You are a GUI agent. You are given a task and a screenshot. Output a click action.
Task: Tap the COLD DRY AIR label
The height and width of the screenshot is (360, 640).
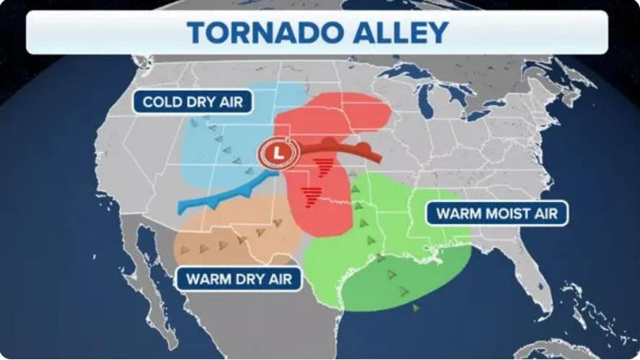tap(192, 102)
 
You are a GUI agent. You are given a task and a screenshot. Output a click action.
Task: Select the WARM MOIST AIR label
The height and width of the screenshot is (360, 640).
tap(497, 213)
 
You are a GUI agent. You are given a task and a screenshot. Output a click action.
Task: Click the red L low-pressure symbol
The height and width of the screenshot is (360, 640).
tap(277, 153)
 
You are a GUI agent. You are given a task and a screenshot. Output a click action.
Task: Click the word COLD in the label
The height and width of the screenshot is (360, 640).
tap(163, 102)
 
